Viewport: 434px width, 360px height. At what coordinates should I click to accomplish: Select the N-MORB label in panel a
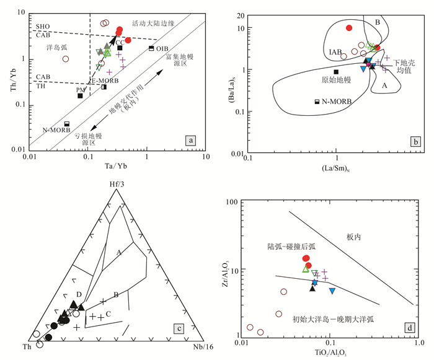coord(55,131)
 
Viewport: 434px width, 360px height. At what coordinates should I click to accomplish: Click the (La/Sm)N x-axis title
coord(335,167)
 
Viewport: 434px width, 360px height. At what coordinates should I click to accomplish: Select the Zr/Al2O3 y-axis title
coord(228,268)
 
